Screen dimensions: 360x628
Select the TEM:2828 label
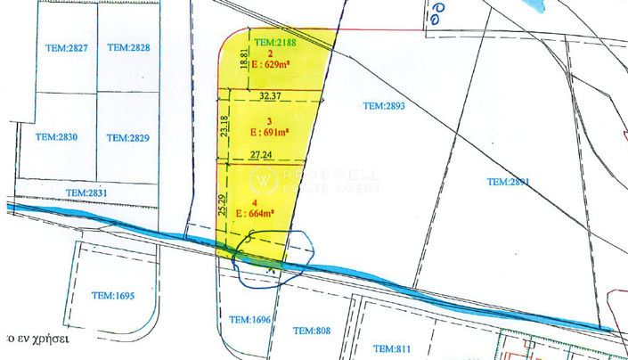pos(127,46)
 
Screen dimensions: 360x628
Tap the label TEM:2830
pos(55,137)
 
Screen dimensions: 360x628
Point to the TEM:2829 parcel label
pos(127,137)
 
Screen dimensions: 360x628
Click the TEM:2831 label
pos(86,192)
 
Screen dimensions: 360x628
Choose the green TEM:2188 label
pos(275,42)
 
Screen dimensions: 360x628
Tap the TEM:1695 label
pos(112,295)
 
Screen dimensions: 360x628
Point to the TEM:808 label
pos(312,331)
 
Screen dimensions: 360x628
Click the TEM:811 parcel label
pos(391,348)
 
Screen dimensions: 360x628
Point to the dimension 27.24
pos(262,154)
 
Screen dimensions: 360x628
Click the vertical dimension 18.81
pos(244,59)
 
